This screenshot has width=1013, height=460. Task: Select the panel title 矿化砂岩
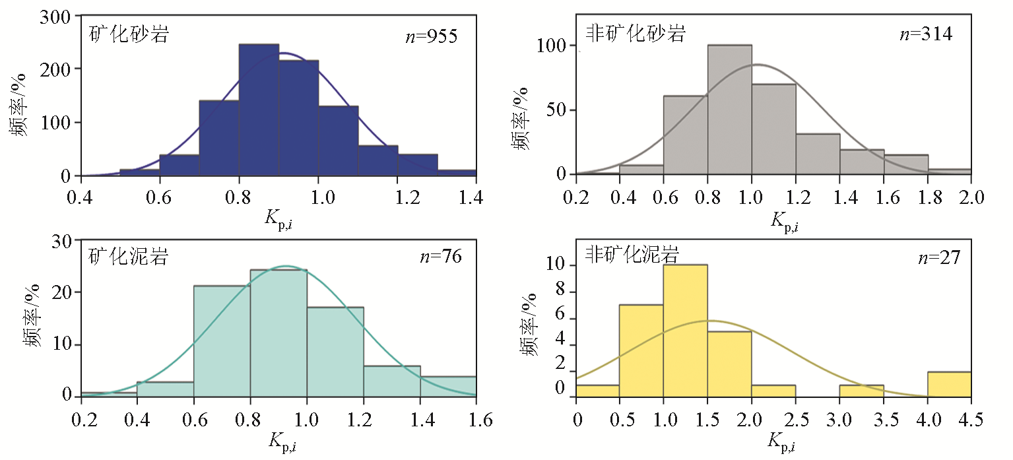click(x=129, y=34)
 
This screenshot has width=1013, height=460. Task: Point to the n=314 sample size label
click(x=927, y=34)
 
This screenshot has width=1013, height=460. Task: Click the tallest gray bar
click(x=729, y=110)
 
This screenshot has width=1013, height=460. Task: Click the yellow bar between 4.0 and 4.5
click(x=949, y=384)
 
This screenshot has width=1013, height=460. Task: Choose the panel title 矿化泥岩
click(x=129, y=256)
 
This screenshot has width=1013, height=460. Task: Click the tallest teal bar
click(x=278, y=333)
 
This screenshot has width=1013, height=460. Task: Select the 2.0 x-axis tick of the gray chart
click(x=971, y=197)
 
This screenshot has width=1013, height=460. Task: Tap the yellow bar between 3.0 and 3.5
click(x=861, y=391)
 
